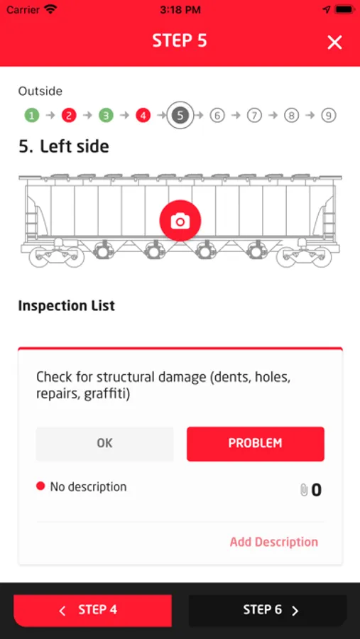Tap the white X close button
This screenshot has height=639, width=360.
[x=334, y=43]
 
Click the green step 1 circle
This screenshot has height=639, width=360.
[x=32, y=116]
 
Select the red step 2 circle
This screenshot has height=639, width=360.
[x=69, y=116]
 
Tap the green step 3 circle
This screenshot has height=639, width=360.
[x=106, y=116]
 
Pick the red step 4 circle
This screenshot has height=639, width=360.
[x=143, y=116]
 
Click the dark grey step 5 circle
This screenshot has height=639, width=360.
[x=180, y=116]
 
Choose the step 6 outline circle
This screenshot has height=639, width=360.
[x=217, y=116]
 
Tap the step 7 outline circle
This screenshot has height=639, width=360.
[x=254, y=116]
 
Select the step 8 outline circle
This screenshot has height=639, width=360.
[x=291, y=116]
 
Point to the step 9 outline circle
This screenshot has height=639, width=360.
[x=328, y=116]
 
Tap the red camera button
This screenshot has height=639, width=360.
[x=180, y=221]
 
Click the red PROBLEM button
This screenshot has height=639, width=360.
[x=255, y=444]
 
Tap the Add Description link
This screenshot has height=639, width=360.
[x=274, y=542]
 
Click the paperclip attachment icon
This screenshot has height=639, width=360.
[x=304, y=490]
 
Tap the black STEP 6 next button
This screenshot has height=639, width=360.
[x=268, y=610]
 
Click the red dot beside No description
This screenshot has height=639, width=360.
[x=40, y=486]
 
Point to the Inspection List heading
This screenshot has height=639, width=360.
[x=67, y=305]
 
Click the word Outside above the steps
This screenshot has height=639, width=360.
[x=40, y=92]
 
